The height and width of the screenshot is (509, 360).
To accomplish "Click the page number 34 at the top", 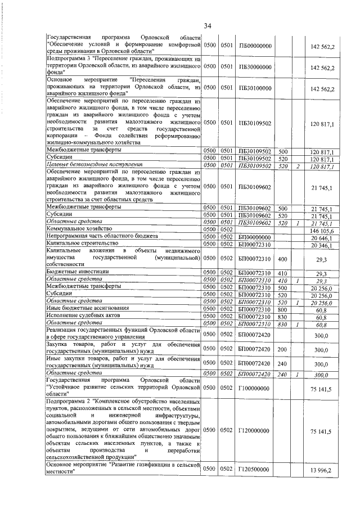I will (207, 25).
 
